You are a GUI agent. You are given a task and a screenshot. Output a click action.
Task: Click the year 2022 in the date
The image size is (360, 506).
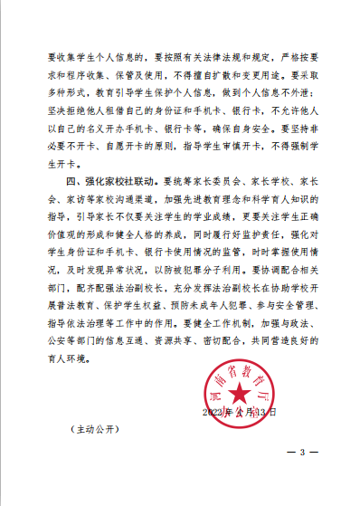coord(218,411)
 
